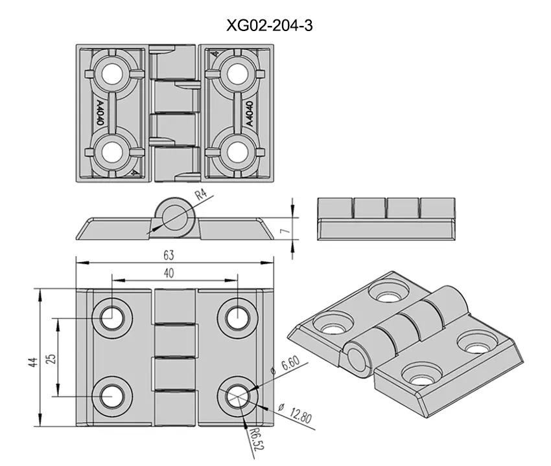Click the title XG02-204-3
click(x=270, y=26)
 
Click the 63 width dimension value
click(x=169, y=255)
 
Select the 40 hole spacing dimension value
click(x=169, y=273)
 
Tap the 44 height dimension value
click(x=32, y=362)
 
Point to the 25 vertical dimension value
click(x=51, y=359)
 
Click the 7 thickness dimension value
click(x=286, y=231)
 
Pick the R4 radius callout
click(x=201, y=194)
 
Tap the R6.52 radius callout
click(x=257, y=439)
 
